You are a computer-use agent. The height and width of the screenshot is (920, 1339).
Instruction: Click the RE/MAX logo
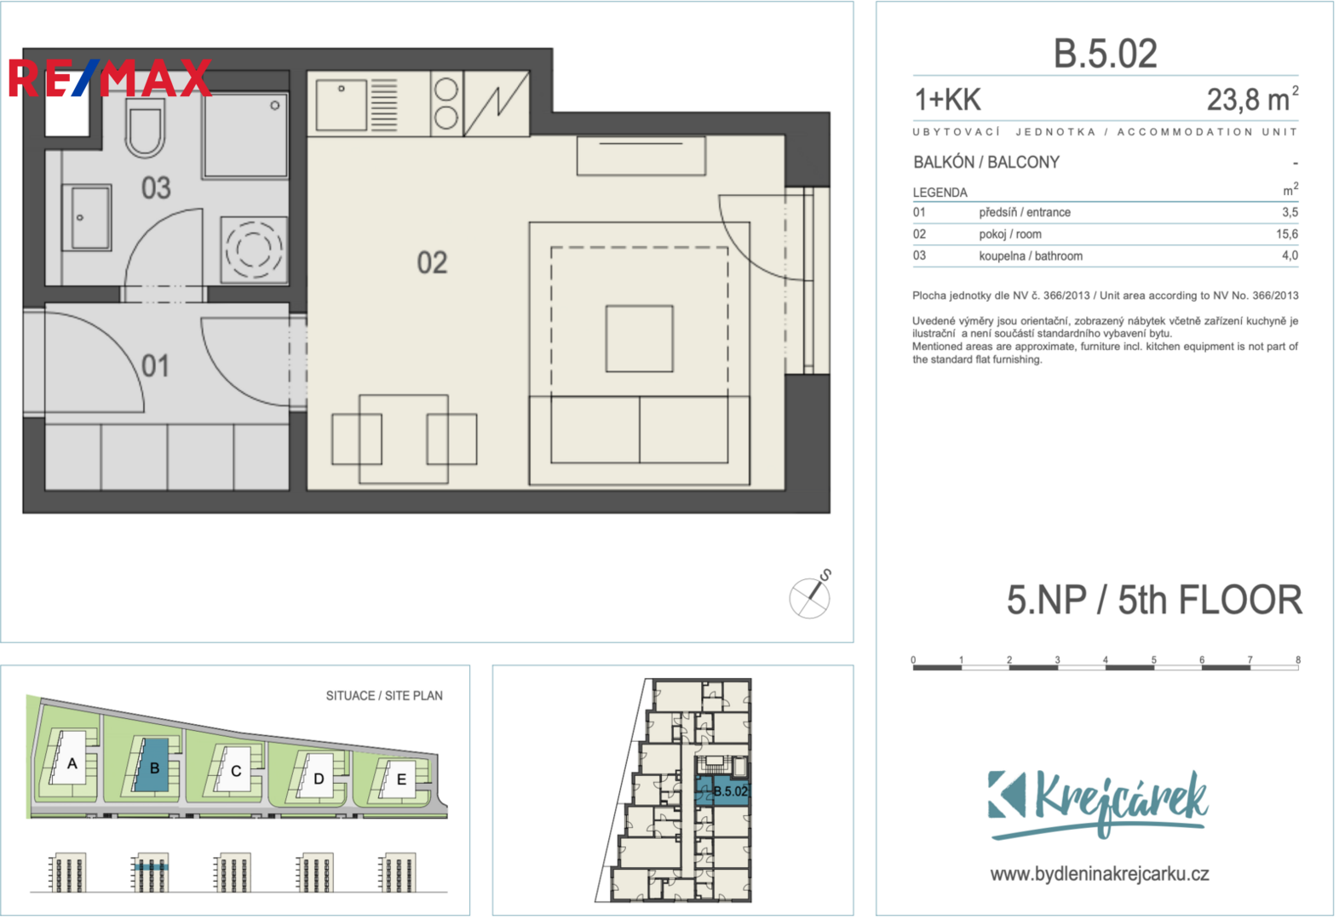tap(111, 78)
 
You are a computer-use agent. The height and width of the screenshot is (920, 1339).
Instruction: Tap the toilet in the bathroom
tap(145, 127)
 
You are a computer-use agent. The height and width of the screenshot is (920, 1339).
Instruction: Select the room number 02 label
tap(432, 263)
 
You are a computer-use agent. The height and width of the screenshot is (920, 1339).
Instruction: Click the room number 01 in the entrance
tap(155, 365)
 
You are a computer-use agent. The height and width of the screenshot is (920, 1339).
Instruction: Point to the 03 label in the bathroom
tap(156, 187)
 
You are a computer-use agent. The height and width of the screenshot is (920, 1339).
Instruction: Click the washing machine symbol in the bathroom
tap(254, 250)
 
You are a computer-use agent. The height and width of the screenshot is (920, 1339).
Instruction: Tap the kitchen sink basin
tap(341, 105)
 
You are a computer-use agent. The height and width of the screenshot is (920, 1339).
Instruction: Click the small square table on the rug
tap(639, 339)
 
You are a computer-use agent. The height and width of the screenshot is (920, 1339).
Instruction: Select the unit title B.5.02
tap(1106, 54)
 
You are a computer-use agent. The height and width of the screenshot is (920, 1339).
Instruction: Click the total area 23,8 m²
tap(1252, 99)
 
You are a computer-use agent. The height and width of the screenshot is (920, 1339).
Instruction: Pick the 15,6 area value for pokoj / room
tap(1287, 234)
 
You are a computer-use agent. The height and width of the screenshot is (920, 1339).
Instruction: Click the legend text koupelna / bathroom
tap(1031, 256)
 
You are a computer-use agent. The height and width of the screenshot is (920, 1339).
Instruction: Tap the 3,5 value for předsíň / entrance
tap(1290, 212)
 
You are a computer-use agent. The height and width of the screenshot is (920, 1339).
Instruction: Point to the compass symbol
tap(810, 596)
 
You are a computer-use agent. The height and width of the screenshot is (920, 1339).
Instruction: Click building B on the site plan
tap(152, 767)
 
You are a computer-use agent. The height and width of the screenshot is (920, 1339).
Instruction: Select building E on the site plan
tap(399, 779)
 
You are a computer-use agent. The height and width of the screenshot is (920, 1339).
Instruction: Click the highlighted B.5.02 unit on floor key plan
tap(723, 791)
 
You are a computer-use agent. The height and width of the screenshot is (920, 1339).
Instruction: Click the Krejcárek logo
tap(1098, 805)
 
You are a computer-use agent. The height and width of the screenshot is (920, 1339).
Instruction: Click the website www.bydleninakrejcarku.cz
tap(1100, 875)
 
